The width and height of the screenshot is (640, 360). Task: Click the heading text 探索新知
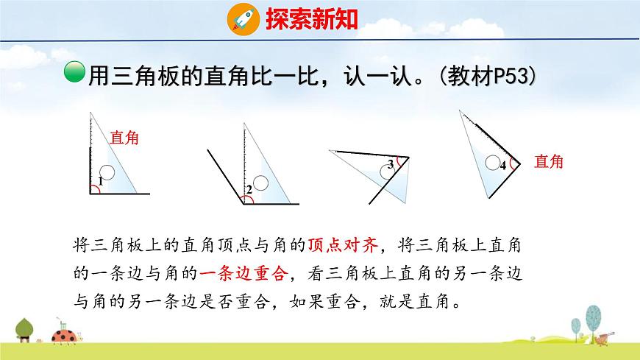(311, 18)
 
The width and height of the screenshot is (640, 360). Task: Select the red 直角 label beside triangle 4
(548, 161)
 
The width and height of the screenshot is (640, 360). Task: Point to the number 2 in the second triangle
(249, 190)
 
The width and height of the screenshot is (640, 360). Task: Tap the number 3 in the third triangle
(391, 165)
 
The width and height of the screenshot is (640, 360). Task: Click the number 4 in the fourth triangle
(502, 166)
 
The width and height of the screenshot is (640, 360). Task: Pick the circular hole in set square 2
(258, 181)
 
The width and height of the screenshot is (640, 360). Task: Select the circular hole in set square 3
(386, 172)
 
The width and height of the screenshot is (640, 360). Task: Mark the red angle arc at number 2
(246, 197)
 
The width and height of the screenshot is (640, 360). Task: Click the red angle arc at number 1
(94, 188)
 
